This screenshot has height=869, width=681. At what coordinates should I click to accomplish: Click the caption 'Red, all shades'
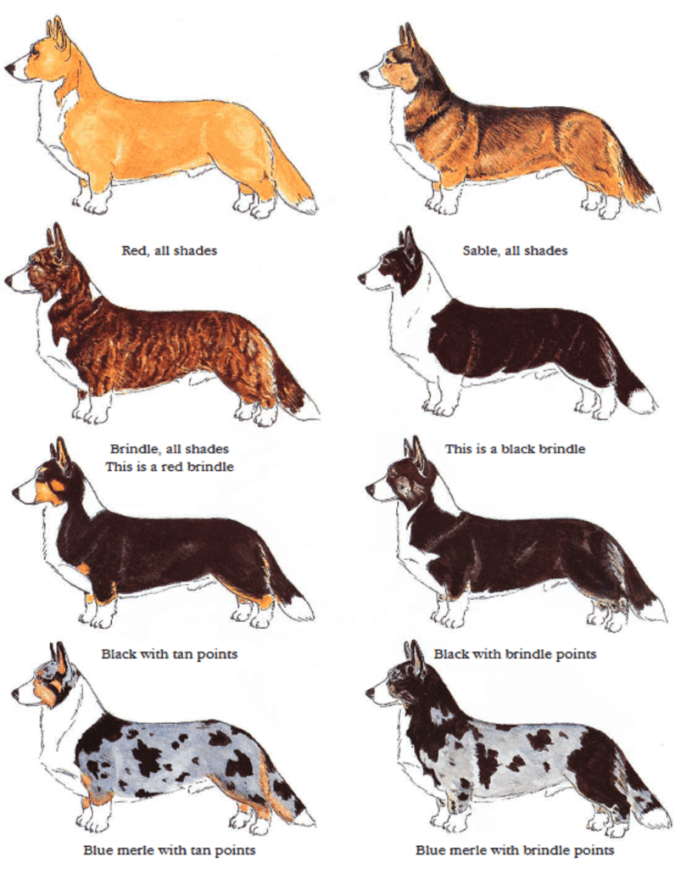point(170,250)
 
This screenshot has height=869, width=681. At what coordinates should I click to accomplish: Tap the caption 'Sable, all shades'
point(515,250)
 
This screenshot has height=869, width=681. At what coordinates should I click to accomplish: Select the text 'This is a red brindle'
point(170,467)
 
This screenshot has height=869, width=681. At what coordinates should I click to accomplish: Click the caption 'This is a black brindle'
point(515,449)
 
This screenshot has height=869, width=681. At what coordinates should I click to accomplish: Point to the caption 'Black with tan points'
point(170,654)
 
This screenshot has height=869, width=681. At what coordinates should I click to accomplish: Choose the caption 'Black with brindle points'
point(515,654)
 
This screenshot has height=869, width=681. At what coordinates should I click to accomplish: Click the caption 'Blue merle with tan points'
point(170,850)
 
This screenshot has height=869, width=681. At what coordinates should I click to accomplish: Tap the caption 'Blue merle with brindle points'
point(515,850)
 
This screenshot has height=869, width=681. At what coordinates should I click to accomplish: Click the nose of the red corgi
point(8,68)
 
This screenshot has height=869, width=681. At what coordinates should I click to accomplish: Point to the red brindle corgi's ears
point(56,235)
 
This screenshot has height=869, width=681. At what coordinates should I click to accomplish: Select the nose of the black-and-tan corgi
point(16,491)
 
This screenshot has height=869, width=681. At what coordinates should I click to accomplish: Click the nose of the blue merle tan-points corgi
point(15,692)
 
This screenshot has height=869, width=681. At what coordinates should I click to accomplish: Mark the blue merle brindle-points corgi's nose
point(370,692)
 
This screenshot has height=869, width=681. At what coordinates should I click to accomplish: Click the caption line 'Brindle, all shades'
point(170,449)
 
